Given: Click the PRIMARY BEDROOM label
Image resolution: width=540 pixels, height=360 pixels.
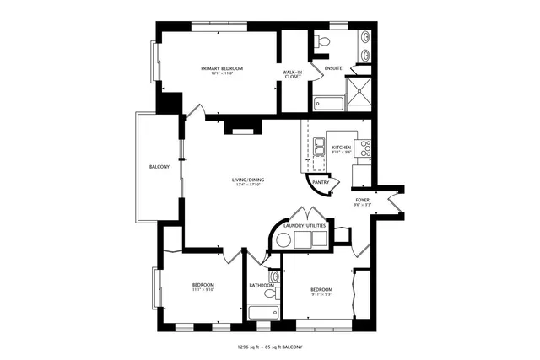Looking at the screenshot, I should click(222, 67).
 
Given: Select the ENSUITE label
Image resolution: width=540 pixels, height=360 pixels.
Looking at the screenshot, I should click(321, 67).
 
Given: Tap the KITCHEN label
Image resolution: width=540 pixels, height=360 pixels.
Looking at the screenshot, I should click(341, 148).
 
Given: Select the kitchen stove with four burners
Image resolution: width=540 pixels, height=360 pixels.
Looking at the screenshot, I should click(367, 148).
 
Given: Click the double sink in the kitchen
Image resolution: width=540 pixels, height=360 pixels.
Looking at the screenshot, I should click(321, 149).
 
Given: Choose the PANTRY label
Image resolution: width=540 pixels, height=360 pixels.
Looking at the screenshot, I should click(321, 181).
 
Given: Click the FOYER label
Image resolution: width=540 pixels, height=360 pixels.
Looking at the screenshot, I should click(363, 200).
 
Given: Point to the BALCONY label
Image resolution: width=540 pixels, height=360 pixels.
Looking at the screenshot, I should click(159, 167).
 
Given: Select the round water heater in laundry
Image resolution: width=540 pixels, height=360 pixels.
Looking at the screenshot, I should click(283, 241).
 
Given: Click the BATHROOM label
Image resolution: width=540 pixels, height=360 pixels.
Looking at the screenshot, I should click(262, 285).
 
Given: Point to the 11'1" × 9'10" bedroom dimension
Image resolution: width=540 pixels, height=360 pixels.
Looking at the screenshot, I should click(202, 290).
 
